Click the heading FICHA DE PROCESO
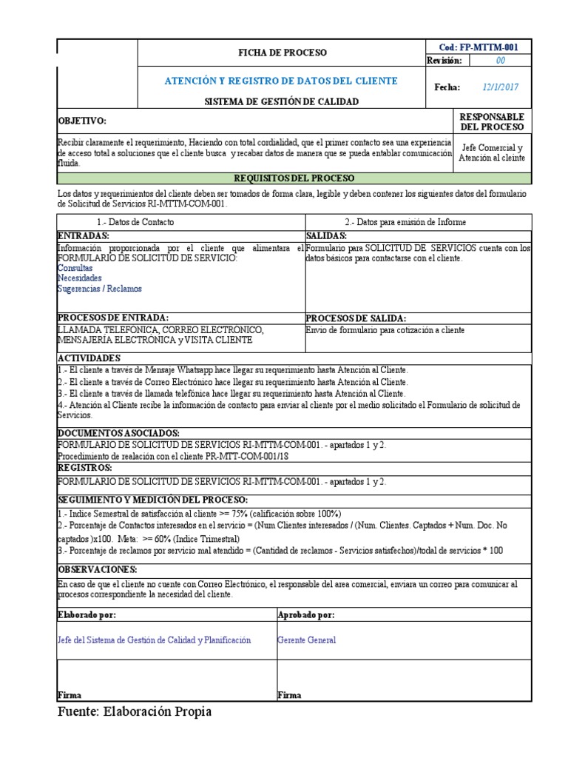click(x=281, y=53)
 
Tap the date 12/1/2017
click(x=501, y=87)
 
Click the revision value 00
click(x=501, y=61)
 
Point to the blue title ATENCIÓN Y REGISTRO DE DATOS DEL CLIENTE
click(x=280, y=81)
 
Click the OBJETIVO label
click(x=82, y=121)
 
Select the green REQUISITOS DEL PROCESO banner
click(x=294, y=178)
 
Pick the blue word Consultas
click(x=75, y=268)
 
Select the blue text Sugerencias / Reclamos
click(x=99, y=289)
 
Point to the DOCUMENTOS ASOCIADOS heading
click(x=118, y=432)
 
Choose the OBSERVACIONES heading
click(x=98, y=568)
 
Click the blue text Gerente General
click(x=306, y=640)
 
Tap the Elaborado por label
click(x=87, y=614)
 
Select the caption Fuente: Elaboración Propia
click(x=135, y=711)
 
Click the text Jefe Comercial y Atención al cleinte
click(x=490, y=152)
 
